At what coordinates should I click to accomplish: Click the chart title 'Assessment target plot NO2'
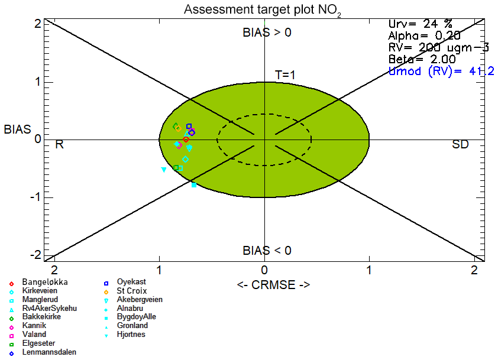263,10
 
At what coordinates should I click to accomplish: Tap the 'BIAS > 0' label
267,33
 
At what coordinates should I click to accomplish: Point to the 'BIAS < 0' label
267,251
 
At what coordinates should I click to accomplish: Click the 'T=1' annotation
285,75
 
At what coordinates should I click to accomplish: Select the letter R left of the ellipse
59,144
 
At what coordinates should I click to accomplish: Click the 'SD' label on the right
460,144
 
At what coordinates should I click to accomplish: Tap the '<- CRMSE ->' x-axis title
273,285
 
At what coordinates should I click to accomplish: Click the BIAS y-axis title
17,129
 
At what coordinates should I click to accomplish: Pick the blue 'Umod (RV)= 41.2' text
441,71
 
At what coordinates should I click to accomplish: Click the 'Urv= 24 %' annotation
421,24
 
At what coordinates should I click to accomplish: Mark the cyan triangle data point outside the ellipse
164,170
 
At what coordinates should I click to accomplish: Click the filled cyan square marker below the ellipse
193,185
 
